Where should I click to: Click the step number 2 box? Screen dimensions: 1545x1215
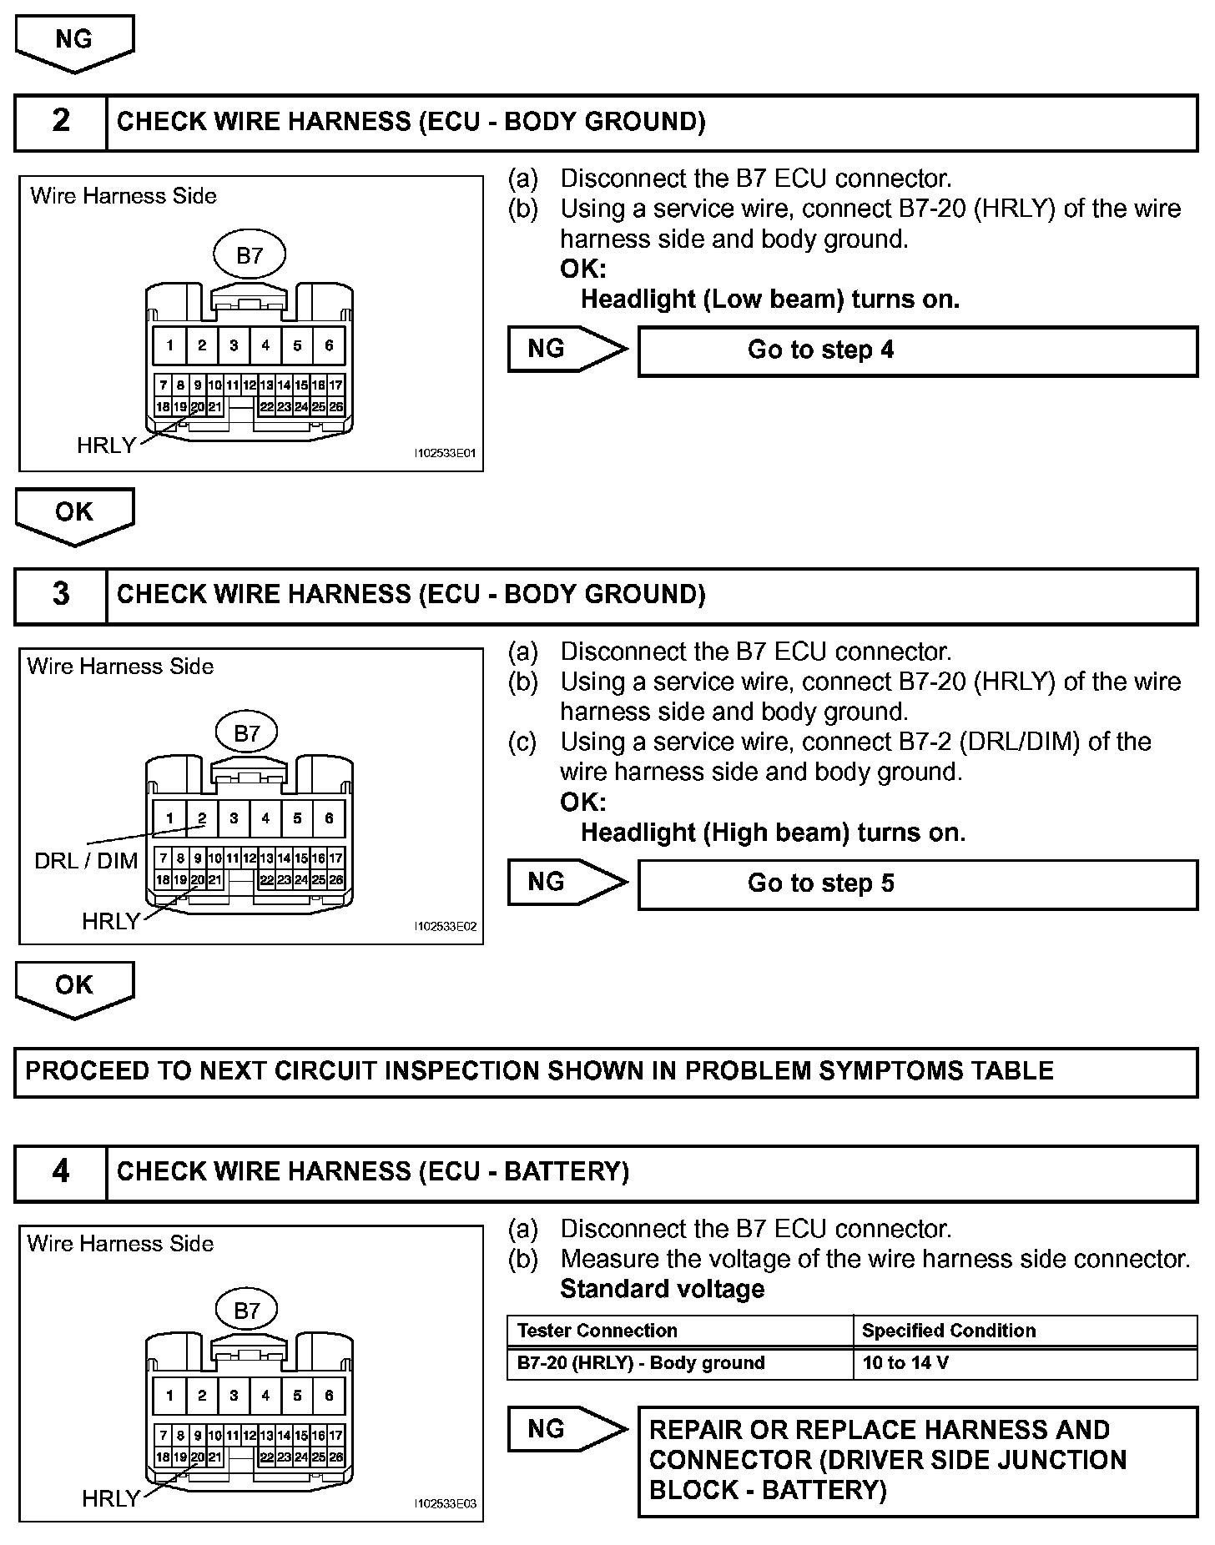pos(61,122)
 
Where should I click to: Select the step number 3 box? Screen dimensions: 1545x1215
pos(61,595)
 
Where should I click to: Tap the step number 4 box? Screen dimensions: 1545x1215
pos(61,1172)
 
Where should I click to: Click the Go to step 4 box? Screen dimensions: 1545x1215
pos(917,350)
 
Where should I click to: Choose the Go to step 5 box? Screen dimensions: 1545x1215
pos(917,883)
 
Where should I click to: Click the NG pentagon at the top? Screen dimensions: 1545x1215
pos(74,42)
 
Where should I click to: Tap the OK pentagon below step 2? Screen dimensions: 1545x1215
pos(74,515)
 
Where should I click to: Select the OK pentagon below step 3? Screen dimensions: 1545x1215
pos(74,988)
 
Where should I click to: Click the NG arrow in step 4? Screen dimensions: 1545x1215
pos(563,1430)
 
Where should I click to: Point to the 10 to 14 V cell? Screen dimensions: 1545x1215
pos(1024,1363)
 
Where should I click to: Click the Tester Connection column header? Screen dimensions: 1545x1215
pos(679,1331)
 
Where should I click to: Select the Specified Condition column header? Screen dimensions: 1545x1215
pos(1024,1331)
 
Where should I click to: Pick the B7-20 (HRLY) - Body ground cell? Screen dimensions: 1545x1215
pos(679,1363)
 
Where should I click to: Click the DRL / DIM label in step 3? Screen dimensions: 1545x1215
pos(86,861)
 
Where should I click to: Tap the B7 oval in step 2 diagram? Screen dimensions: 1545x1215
pos(250,255)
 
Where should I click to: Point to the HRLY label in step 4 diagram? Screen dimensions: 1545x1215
pos(110,1499)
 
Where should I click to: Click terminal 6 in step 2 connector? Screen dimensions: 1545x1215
pos(329,345)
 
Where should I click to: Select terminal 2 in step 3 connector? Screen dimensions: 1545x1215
pos(202,818)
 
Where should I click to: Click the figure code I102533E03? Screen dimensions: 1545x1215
pos(445,1503)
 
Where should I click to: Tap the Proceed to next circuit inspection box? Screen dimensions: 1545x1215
pos(606,1072)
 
